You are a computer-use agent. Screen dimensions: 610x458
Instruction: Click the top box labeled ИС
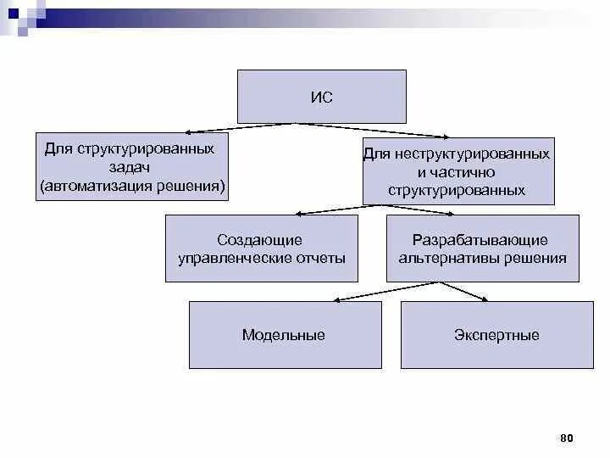tap(321, 97)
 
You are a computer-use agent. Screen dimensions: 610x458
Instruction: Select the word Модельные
tap(283, 335)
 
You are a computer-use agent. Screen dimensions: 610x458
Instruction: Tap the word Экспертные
tap(496, 335)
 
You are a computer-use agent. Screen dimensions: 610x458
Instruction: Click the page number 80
tap(567, 438)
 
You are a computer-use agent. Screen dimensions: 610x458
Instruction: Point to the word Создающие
tap(259, 241)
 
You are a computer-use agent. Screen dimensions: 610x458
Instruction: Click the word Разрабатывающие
tap(480, 241)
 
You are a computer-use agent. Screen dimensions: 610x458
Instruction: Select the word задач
tap(132, 167)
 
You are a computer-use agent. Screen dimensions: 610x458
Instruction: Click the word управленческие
tap(229, 259)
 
